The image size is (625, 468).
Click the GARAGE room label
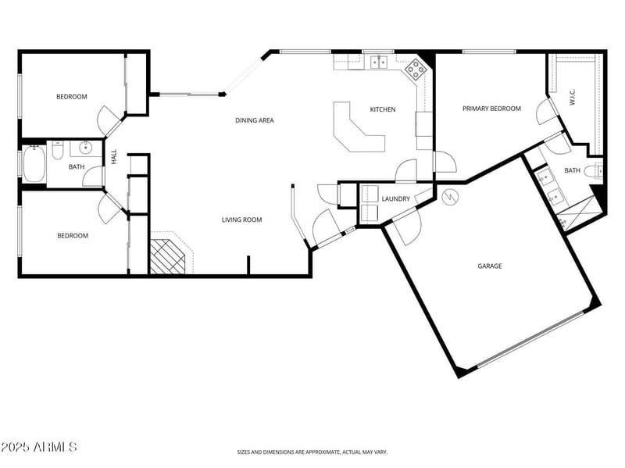point(490,266)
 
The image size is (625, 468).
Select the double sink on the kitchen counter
point(380,61)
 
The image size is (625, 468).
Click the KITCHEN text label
point(383,109)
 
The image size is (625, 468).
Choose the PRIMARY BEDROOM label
point(491,109)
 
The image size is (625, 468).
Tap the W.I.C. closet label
point(572,98)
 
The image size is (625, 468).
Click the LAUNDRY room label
point(396,199)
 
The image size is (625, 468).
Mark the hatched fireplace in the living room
point(167,255)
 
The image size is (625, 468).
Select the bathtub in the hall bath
point(34,164)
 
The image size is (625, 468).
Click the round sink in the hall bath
point(85,148)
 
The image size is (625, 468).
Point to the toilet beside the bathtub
point(58,152)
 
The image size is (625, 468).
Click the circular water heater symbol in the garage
point(449,197)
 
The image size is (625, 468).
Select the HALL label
point(114,157)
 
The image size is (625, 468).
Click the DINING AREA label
point(255,120)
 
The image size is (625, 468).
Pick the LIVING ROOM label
point(241,220)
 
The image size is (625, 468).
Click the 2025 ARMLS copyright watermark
point(38,447)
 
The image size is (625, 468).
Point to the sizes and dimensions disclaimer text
point(312,452)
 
